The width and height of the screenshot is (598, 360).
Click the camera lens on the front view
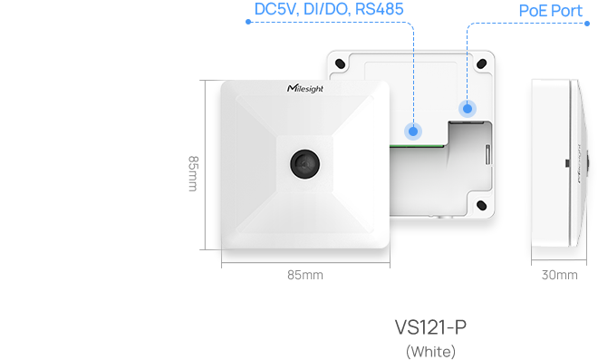pyautogui.click(x=303, y=162)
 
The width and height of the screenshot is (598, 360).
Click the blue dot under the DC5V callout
pyautogui.click(x=413, y=131)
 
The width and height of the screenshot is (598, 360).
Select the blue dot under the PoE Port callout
pyautogui.click(x=468, y=108)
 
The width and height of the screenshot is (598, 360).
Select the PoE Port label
pyautogui.click(x=550, y=11)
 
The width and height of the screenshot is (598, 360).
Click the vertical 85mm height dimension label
pyautogui.click(x=192, y=172)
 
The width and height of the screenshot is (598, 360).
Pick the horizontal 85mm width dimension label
pyautogui.click(x=305, y=275)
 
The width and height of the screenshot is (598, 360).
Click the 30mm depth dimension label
pyautogui.click(x=558, y=275)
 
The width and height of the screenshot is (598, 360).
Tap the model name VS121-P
pyautogui.click(x=430, y=327)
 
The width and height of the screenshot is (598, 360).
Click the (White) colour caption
pyautogui.click(x=430, y=351)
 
